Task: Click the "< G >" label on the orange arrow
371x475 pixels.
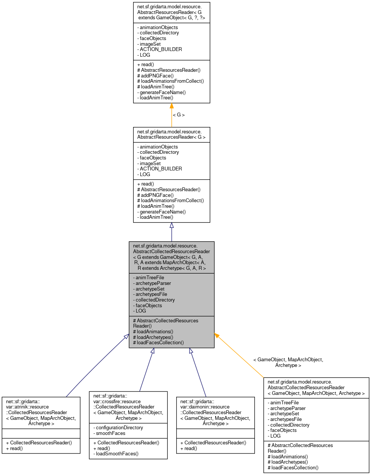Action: click(179, 115)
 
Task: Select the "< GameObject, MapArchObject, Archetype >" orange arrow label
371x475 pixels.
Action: click(288, 362)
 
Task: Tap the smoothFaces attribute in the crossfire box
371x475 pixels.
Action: click(110, 433)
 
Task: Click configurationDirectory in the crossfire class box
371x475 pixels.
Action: click(119, 428)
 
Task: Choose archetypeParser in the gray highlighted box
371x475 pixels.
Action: click(153, 283)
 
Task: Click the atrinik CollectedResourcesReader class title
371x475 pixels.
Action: click(41, 412)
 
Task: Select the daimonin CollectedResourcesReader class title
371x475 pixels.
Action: click(215, 412)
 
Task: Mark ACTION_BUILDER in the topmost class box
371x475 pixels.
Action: click(161, 50)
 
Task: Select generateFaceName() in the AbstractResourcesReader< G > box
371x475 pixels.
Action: click(163, 212)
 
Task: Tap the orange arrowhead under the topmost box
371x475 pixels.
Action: click(172, 106)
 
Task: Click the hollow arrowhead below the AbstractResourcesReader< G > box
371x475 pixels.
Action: click(172, 226)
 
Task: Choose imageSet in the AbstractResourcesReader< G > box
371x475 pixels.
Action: click(150, 164)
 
